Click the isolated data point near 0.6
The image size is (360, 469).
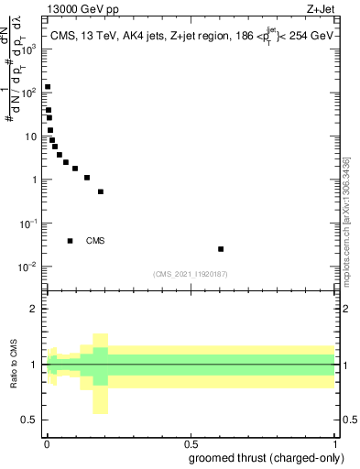pos(221,249)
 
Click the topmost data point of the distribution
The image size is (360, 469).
pos(48,87)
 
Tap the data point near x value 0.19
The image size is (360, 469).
pos(101,191)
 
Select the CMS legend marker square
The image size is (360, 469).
pos(71,241)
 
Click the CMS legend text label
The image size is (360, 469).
pos(95,241)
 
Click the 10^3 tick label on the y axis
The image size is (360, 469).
pos(29,49)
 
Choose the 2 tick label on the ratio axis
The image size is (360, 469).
pos(35,309)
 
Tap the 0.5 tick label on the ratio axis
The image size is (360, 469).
pos(31,420)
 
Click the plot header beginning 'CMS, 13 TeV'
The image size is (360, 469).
pos(190,36)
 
